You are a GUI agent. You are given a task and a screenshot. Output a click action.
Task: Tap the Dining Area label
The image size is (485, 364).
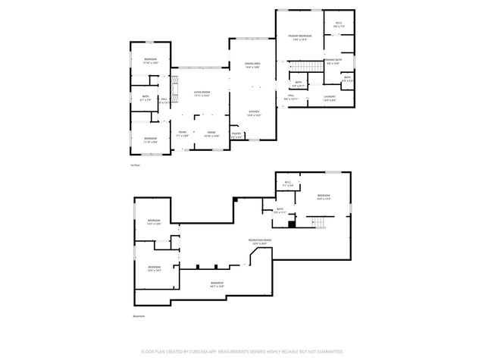coord(252,65)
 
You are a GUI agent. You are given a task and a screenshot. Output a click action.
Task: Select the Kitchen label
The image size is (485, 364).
coord(255,114)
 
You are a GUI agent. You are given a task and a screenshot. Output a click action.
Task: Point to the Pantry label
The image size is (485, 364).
coord(236,135)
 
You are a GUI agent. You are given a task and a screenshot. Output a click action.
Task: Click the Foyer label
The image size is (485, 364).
coord(183,133)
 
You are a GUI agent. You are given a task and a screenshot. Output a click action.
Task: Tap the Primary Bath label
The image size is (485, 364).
coord(333,62)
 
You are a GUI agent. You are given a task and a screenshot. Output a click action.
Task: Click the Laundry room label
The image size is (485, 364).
coord(329,98)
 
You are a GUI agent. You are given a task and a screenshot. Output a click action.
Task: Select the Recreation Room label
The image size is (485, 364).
coord(260,242)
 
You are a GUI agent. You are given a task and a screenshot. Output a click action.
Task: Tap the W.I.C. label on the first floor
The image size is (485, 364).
coord(338,25)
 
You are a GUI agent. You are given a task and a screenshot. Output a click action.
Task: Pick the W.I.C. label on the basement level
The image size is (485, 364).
coord(288,184)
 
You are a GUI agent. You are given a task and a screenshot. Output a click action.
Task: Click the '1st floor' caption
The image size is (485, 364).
coord(134,165)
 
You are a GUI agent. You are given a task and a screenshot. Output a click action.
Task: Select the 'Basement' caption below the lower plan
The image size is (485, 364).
coord(138,316)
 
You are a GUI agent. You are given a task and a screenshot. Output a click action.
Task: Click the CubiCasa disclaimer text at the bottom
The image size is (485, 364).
coord(242,352)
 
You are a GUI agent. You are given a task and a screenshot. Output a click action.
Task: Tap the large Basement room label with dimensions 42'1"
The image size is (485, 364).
coord(217,284)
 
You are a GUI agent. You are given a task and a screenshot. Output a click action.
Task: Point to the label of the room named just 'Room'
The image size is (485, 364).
coord(211,133)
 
